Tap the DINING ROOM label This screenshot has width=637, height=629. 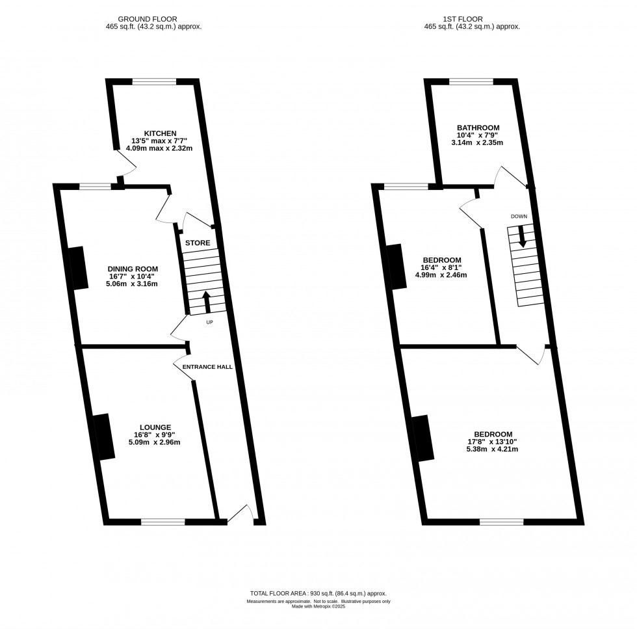(133, 268)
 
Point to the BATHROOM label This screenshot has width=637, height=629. (478, 127)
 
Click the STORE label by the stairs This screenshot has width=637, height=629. (198, 243)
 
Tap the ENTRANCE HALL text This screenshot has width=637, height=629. (207, 367)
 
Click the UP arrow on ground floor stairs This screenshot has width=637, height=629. (207, 302)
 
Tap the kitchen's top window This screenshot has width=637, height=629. (154, 81)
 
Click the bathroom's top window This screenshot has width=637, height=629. (471, 81)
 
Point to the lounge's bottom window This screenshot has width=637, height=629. (162, 520)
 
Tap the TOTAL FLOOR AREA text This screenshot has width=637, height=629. (322, 594)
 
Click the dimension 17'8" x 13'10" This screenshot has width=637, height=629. (493, 442)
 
